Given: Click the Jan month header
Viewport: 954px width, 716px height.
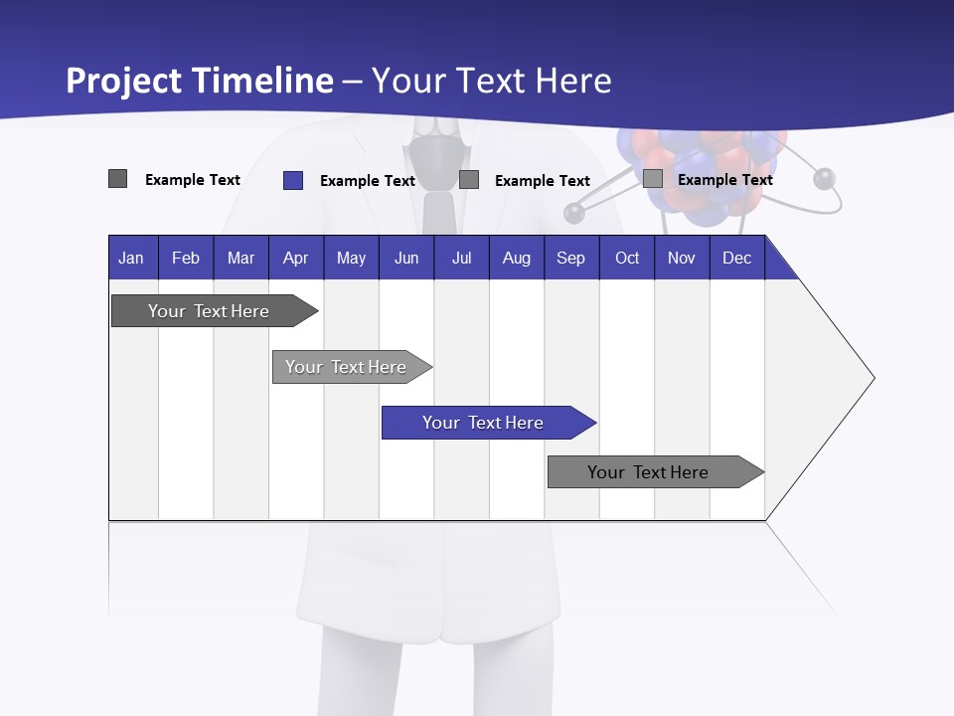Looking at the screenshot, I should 132,258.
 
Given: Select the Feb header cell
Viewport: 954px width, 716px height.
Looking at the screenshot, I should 186,258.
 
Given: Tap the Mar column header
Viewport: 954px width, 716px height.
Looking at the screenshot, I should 240,258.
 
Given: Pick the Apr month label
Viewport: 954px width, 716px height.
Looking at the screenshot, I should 296,258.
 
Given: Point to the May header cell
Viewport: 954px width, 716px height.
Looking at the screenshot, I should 351,258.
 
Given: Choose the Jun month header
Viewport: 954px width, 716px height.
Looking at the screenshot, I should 406,258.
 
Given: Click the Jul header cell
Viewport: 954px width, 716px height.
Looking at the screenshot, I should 461,258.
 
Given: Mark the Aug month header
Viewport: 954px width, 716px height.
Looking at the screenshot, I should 517,258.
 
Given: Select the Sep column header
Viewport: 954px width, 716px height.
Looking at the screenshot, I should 571,258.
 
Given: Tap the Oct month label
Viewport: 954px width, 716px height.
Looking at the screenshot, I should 627,258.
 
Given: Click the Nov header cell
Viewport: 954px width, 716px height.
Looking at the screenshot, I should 682,258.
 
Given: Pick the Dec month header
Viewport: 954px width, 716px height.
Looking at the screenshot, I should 737,258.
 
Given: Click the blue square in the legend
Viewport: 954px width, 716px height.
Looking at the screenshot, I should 292,180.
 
